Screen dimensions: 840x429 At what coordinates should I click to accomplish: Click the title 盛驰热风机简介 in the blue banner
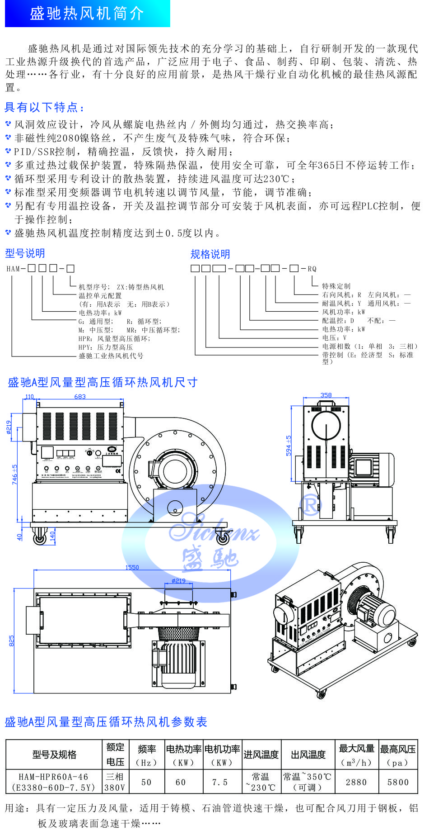coord(87,14)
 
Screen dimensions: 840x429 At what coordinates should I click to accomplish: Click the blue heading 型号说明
coord(25,253)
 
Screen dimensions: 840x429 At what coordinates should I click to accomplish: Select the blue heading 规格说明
coord(210,254)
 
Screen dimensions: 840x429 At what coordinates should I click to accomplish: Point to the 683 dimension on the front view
coord(80,397)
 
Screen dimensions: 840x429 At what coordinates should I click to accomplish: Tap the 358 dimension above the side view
coord(326,395)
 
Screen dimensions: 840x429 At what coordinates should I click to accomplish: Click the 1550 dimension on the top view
coord(132,567)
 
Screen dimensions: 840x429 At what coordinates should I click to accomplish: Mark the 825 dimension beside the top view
coord(12,641)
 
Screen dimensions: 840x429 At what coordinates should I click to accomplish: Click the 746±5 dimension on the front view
coord(15,475)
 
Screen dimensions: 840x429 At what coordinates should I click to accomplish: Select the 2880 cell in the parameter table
coord(356,782)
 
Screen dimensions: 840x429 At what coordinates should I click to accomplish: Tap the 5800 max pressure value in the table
coord(398,782)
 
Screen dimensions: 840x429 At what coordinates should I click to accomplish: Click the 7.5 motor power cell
coord(220,782)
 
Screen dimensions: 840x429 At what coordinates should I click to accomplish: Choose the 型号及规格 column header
coord(54,755)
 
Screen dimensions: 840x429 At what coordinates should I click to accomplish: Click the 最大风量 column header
coord(356,749)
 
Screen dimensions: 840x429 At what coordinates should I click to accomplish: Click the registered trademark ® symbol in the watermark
coord(311,504)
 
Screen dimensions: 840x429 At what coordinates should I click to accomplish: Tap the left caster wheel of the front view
coord(39,538)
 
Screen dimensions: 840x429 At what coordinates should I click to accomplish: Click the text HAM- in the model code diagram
coord(16,269)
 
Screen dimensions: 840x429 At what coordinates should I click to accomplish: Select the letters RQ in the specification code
coord(312,269)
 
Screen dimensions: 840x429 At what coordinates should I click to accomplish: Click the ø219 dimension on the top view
coord(178,581)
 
